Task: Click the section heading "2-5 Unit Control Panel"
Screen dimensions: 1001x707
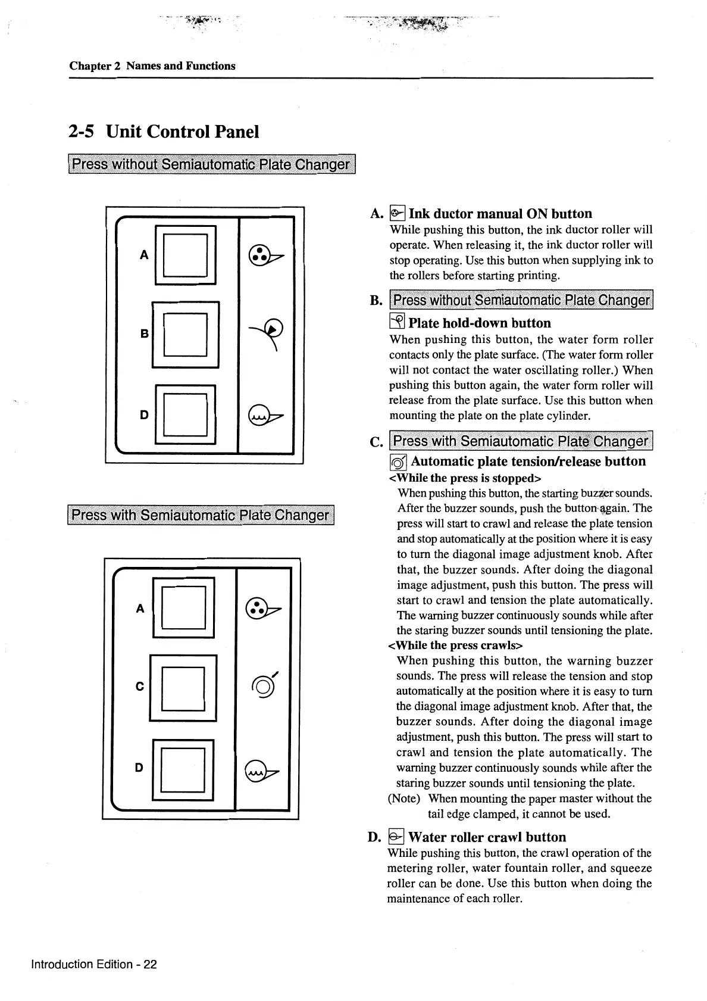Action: (164, 132)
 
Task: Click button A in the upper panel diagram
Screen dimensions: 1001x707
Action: (185, 255)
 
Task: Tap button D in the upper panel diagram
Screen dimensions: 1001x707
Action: (185, 414)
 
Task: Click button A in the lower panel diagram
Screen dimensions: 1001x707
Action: (183, 608)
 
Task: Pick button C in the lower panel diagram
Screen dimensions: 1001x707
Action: (183, 688)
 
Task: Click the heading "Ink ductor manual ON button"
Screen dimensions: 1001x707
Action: (500, 214)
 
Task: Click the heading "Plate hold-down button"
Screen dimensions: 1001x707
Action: (480, 323)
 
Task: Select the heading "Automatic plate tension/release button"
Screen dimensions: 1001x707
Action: (528, 461)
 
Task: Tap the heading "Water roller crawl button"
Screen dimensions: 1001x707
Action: (487, 837)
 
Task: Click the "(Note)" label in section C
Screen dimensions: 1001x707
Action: (404, 799)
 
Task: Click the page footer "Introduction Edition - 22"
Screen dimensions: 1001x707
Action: (94, 964)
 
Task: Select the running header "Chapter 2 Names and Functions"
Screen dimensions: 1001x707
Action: (152, 66)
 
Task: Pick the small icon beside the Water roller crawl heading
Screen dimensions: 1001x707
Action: (396, 837)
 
